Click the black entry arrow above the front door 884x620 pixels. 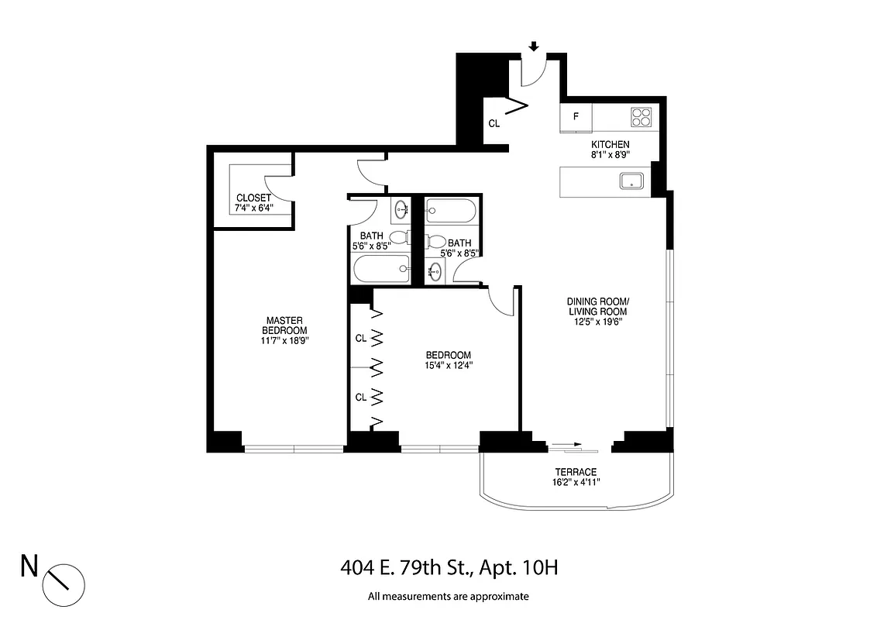tap(533, 46)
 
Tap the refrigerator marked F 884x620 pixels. tap(576, 118)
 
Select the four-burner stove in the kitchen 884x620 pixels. tap(642, 117)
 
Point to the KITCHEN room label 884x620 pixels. tap(611, 145)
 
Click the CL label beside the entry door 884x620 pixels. tap(494, 123)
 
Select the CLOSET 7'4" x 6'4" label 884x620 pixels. tap(253, 202)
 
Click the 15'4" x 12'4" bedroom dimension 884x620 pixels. tap(449, 365)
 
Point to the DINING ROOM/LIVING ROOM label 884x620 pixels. tap(597, 306)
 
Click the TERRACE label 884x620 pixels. tap(576, 472)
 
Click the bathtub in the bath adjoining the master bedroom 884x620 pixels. tap(380, 270)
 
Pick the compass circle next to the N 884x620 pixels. tap(63, 578)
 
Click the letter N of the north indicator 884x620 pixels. tap(29, 567)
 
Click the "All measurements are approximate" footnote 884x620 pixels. tap(448, 597)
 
